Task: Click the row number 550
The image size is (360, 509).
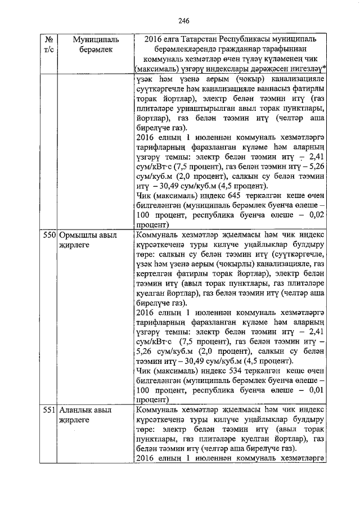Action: [x=48, y=236]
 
